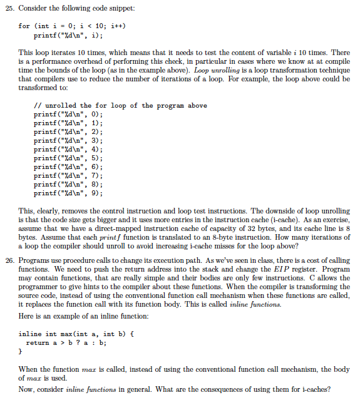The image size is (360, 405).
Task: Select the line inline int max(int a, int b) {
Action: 71,334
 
